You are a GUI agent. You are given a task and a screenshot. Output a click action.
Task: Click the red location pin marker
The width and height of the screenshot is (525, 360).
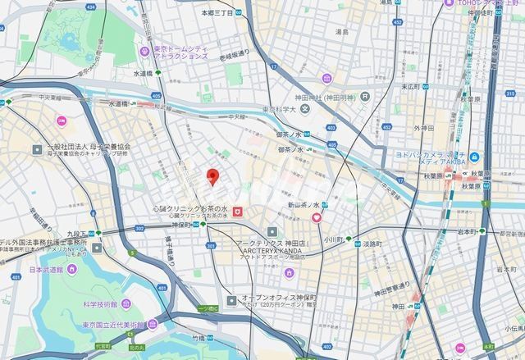[x=212, y=176]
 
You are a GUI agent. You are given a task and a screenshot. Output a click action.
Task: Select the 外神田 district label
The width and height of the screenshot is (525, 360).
[x=423, y=128]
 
